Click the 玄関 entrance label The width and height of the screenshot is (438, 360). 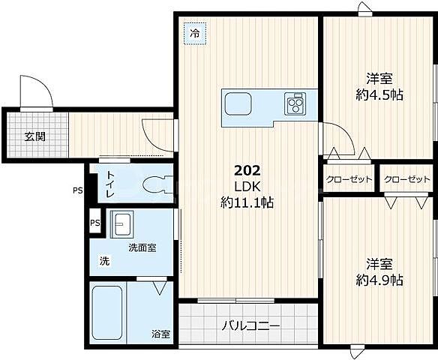[x=34, y=136]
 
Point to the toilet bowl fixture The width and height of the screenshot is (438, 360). [x=153, y=182]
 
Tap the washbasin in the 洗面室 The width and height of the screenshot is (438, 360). [x=122, y=223]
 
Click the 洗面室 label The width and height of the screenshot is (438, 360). [x=142, y=247]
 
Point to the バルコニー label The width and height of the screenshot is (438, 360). [x=250, y=326]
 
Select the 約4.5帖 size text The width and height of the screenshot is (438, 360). [x=379, y=94]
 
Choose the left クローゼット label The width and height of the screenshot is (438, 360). [x=349, y=180]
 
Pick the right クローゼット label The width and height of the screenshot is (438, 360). [x=407, y=180]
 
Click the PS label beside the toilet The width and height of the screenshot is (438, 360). [x=77, y=190]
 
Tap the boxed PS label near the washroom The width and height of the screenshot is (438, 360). [x=94, y=223]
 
